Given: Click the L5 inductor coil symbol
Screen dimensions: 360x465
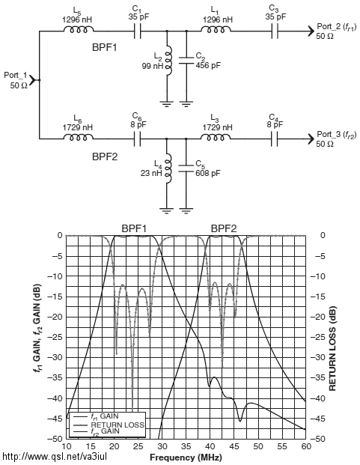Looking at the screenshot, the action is tap(79, 29).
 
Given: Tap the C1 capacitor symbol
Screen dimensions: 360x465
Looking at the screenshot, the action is tap(137, 31).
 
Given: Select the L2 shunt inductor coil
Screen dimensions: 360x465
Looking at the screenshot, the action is tap(168, 61).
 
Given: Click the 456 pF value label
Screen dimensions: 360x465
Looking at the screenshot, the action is tap(208, 65).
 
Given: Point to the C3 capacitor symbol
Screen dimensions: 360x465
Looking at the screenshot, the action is tap(275, 31).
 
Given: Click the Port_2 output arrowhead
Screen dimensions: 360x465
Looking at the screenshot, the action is tap(311, 31).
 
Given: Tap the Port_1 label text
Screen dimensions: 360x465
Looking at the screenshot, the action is tap(16, 76).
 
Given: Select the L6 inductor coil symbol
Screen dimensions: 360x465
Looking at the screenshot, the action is tap(79, 137).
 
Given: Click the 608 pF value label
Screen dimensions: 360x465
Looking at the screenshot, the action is tap(208, 173).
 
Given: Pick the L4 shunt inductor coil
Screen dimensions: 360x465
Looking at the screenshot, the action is tap(168, 168).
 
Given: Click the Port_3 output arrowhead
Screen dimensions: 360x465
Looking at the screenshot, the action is tap(311, 139).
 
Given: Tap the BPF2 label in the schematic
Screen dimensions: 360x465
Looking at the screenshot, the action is tap(105, 156).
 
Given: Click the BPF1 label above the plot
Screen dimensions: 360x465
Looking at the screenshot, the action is tap(134, 228).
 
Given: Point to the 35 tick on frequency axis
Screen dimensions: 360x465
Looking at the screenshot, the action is tap(186, 446).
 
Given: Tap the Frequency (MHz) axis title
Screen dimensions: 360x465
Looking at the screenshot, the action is tap(186, 458).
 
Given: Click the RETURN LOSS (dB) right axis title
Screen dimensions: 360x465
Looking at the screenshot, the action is tap(332, 348).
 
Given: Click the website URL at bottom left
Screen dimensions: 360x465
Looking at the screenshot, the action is tap(55, 456).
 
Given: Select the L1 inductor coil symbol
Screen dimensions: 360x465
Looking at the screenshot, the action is tap(216, 29).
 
